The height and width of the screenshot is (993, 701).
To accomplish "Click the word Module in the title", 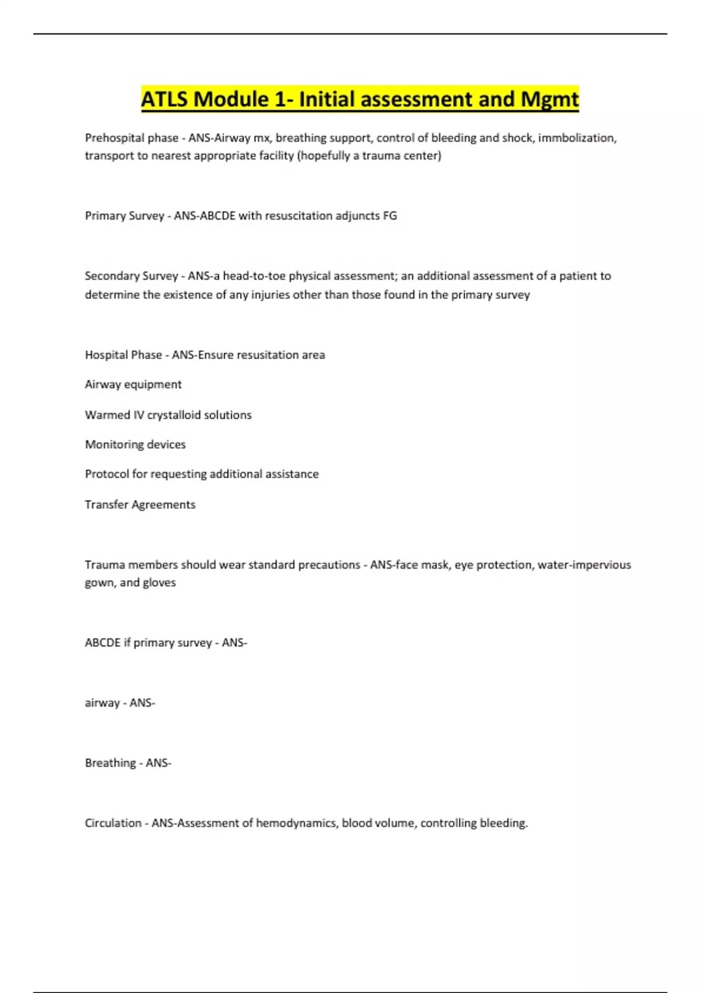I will pyautogui.click(x=231, y=99).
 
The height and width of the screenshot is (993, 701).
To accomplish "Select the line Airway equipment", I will pyautogui.click(x=133, y=384).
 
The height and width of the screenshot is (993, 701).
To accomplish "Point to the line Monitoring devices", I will pyautogui.click(x=135, y=445).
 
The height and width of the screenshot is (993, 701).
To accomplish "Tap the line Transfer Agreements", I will pyautogui.click(x=140, y=505).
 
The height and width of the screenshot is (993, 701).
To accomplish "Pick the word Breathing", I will pyautogui.click(x=110, y=763).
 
